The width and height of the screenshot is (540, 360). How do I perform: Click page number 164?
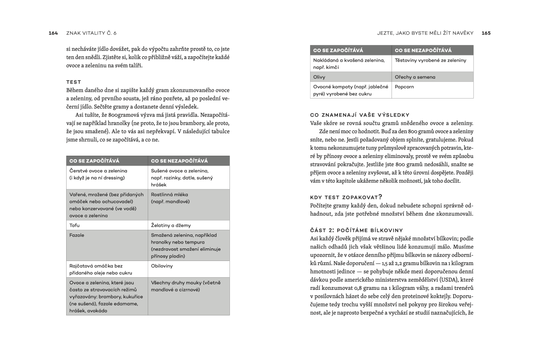tap(53, 33)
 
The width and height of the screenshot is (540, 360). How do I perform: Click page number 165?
tap(486, 33)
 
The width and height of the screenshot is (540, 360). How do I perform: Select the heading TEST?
tap(73, 82)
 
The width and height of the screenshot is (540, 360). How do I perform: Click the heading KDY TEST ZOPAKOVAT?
tap(346, 197)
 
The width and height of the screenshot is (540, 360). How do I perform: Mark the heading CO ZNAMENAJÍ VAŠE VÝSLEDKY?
tap(360, 115)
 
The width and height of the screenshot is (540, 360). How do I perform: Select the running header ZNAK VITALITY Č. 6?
tap(91, 33)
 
